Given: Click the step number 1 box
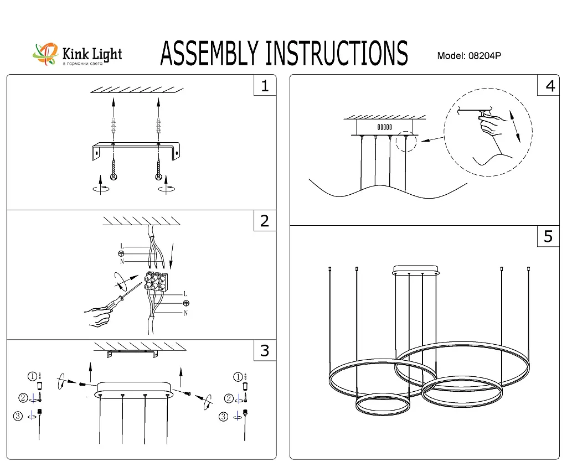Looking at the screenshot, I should pos(265,86).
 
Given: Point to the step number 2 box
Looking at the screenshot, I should pos(265,221).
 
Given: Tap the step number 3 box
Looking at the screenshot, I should pos(265,350).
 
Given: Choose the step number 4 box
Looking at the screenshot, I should pos(549,86).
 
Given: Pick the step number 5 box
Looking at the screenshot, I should pos(548,236).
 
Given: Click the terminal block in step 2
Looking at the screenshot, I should pos(156,282).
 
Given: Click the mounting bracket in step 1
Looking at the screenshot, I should pos(136,150).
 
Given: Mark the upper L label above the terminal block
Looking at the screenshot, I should pos(122,246).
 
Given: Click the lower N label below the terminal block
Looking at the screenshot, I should pos(185,313).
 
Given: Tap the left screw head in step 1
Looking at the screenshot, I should pos(114,176).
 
